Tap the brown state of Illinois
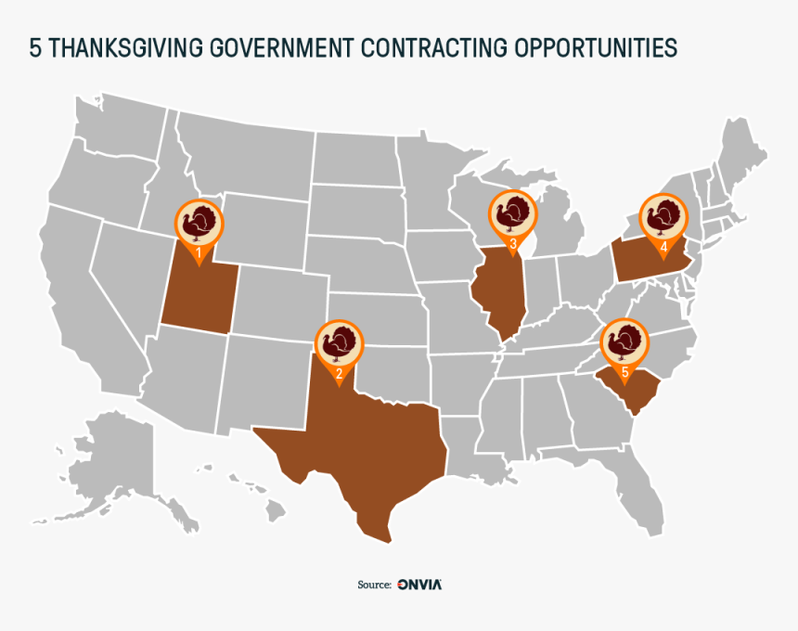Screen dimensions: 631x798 [x=501, y=292]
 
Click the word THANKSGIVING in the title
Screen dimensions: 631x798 [x=123, y=48]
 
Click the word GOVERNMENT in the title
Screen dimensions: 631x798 [x=284, y=48]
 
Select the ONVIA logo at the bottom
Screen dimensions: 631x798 [x=419, y=585]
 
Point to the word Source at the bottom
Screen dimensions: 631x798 [x=374, y=585]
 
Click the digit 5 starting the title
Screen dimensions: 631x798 [x=35, y=48]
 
